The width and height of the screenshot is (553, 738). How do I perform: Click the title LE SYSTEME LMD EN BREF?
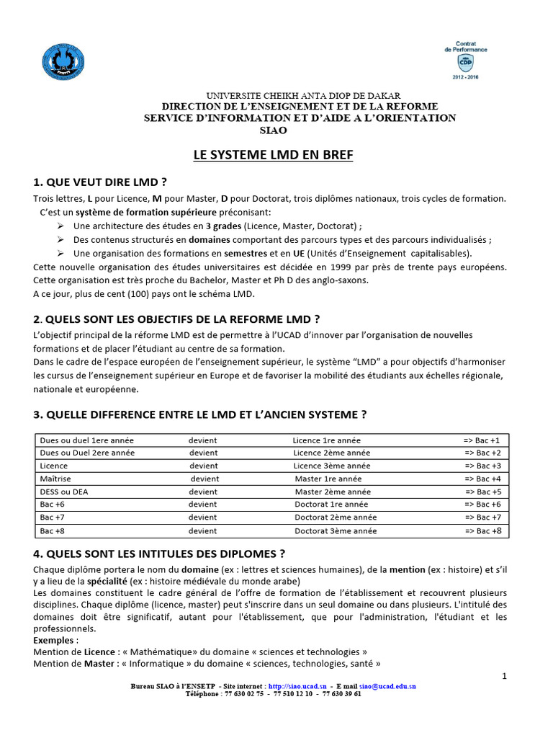273,155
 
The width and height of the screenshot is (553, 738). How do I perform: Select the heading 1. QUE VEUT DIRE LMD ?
104,181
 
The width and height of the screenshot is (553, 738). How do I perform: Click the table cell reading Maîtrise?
55,479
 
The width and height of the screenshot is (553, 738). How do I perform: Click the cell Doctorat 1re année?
331,504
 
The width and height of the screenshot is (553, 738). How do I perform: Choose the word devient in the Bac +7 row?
203,517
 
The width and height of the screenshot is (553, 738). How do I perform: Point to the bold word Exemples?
53,640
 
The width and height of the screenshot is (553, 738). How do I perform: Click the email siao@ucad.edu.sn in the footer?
387,687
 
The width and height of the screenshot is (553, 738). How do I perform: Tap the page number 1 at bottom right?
505,676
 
